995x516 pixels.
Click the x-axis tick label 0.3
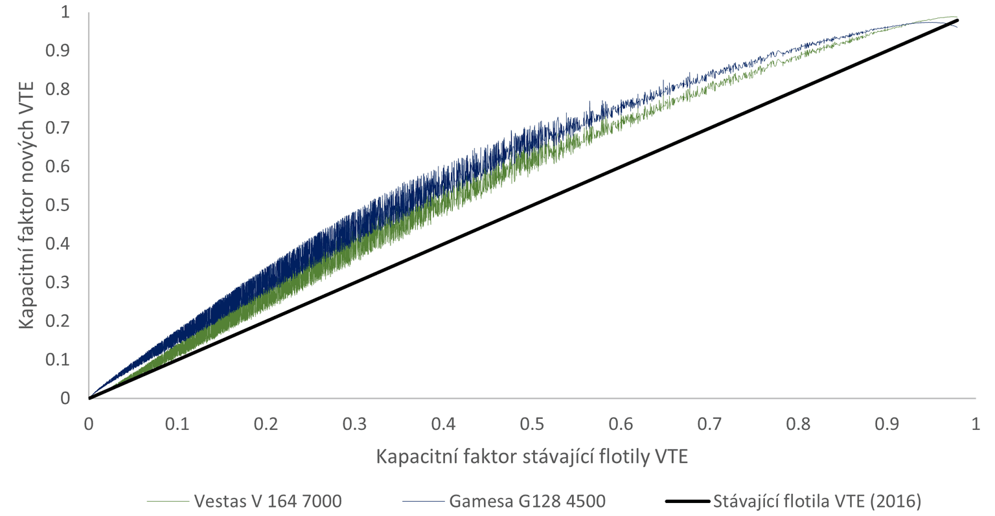[355, 424]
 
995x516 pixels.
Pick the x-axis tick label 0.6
[621, 424]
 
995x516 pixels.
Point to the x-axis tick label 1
[976, 424]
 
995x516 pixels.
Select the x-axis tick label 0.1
[177, 424]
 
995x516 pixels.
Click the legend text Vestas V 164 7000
[268, 501]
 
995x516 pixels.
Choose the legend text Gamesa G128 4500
[527, 501]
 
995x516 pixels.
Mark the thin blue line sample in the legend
[423, 501]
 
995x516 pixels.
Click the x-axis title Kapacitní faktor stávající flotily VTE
[531, 456]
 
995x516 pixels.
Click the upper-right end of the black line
[957, 21]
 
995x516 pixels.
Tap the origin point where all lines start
[89, 398]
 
